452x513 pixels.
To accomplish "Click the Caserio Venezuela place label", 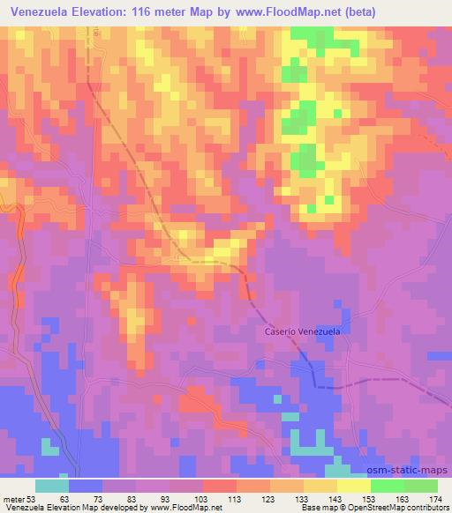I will tap(303, 332).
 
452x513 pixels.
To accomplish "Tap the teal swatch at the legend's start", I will tap(51, 486).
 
